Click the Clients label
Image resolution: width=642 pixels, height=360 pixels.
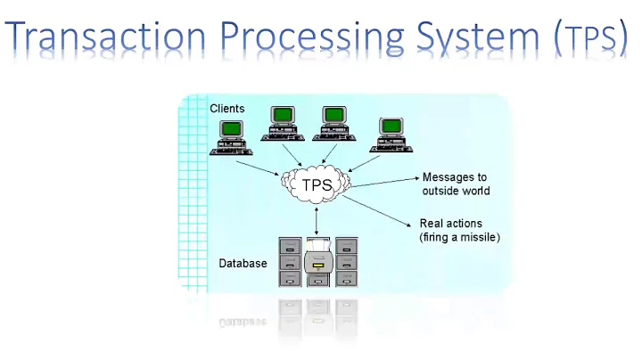coord(227,109)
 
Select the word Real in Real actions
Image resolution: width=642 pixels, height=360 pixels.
coord(431,223)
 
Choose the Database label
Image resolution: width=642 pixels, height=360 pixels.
coord(243,264)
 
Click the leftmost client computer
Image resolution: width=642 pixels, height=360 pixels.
coord(231,137)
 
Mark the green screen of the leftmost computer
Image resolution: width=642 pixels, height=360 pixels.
coord(231,127)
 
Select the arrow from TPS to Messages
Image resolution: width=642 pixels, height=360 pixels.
coord(383,180)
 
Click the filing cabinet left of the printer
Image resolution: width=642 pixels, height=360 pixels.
coord(291,261)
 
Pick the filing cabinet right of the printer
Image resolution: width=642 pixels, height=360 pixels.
coord(346,261)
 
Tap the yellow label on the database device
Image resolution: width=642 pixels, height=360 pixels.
coord(318,265)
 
